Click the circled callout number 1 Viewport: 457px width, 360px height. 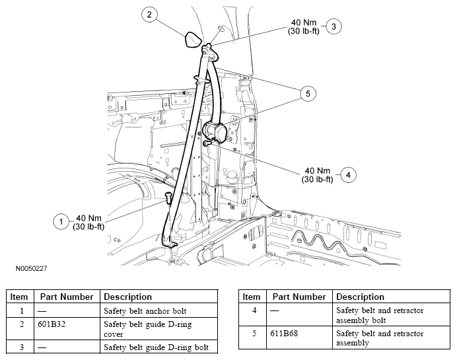(61, 222)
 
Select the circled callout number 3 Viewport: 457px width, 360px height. (334, 26)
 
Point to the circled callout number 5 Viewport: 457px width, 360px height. (306, 94)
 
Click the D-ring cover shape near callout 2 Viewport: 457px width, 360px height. (192, 39)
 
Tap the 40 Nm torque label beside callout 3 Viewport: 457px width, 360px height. (304, 27)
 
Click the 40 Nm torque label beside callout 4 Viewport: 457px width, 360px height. (317, 175)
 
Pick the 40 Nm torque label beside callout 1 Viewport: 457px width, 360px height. (89, 223)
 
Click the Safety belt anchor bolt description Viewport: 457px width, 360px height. (141, 310)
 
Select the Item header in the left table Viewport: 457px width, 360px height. (19, 297)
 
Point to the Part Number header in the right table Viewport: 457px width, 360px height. (299, 297)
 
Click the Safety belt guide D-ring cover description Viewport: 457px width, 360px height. (141, 329)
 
